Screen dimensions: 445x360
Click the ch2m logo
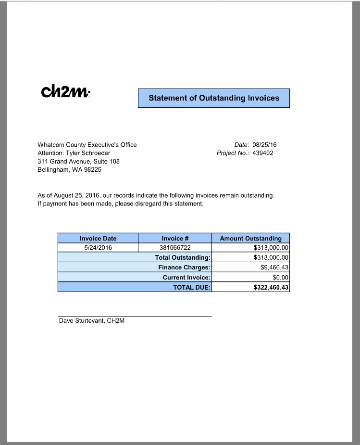click(65, 91)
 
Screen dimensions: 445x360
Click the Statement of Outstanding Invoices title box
click(214, 98)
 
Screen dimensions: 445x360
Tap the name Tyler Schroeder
click(88, 153)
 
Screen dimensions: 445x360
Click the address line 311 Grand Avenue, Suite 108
click(78, 161)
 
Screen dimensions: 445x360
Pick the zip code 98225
click(93, 169)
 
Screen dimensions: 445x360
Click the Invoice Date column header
click(98, 238)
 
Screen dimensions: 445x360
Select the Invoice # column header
click(175, 238)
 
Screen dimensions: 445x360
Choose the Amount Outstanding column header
click(250, 238)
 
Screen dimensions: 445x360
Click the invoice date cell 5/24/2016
click(98, 248)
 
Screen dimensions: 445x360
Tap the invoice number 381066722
click(175, 248)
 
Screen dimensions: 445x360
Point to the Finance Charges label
click(184, 267)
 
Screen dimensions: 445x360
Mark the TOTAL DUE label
click(192, 287)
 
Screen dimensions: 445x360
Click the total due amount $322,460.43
click(271, 287)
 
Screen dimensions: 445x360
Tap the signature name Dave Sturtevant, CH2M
click(91, 321)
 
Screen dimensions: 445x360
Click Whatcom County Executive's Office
click(87, 145)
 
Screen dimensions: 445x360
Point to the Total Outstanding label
click(183, 258)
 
